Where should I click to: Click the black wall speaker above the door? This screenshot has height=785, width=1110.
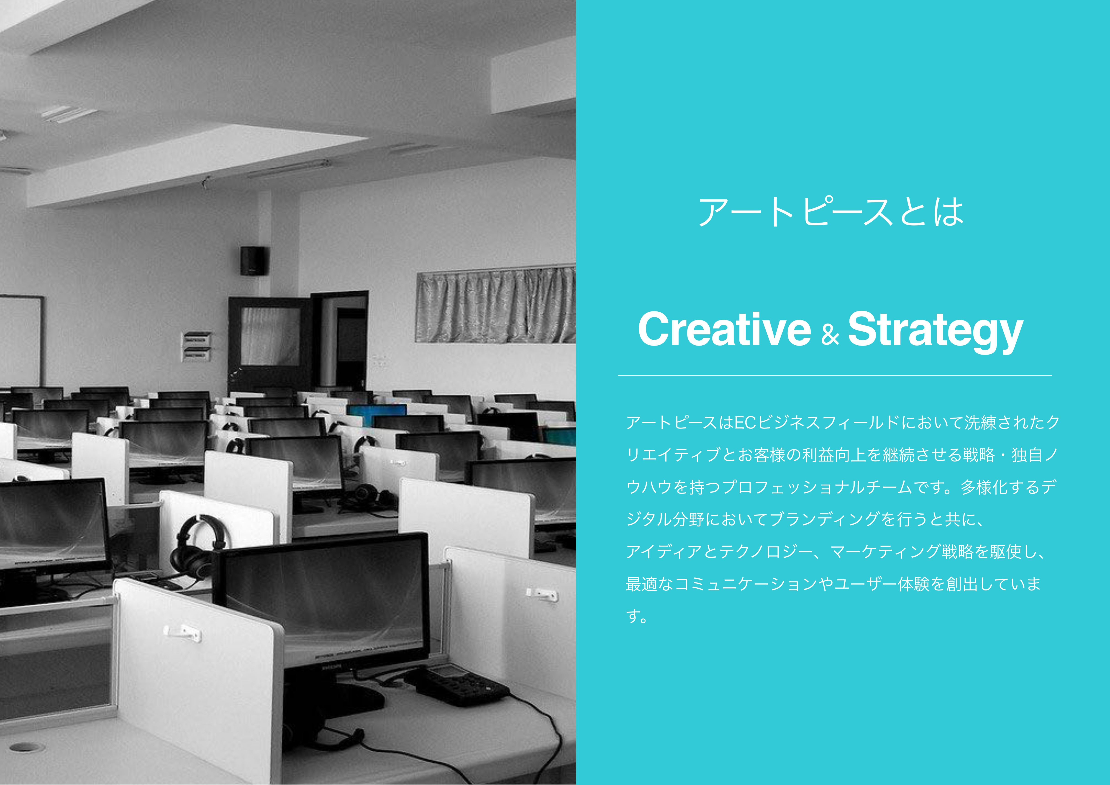point(254,261)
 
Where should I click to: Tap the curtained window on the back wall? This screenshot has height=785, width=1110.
point(495,306)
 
